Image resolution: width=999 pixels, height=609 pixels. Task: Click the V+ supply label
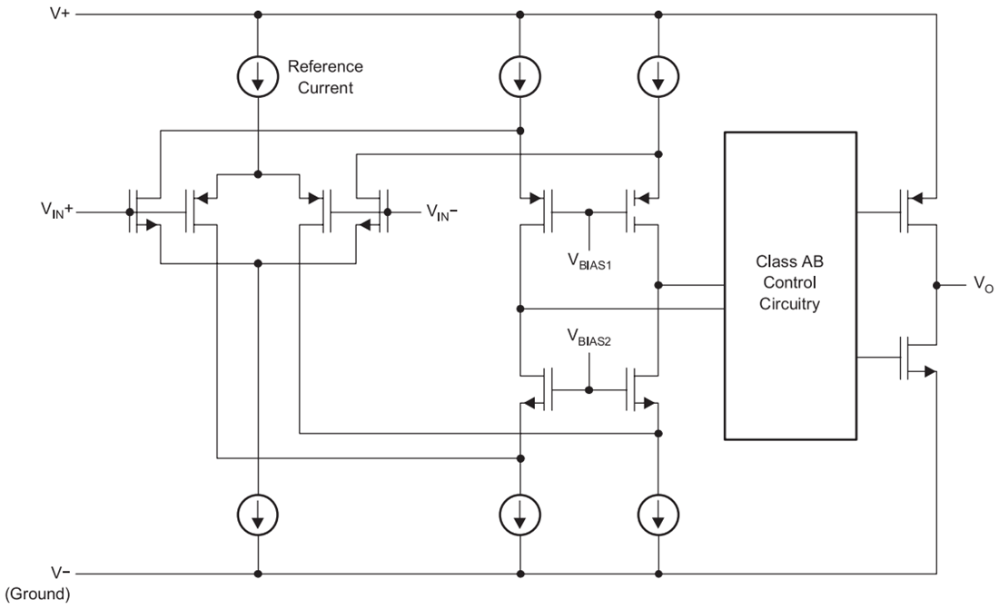60,13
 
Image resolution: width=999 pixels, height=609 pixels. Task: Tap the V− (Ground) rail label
38,583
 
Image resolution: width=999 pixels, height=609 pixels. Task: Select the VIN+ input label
56,210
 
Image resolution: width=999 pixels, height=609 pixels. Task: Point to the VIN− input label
441,211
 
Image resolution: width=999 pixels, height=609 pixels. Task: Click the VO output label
983,285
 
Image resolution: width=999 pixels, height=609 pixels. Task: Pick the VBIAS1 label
589,261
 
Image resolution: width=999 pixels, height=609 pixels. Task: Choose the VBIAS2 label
589,338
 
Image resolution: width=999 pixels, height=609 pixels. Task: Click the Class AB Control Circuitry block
790,285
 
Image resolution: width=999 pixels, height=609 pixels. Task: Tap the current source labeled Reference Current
258,76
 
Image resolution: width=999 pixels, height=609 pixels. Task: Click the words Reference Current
325,77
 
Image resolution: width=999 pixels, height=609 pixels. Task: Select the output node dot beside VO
936,285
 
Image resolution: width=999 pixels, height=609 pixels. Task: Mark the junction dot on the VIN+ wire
130,212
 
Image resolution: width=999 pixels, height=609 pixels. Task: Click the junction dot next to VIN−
388,212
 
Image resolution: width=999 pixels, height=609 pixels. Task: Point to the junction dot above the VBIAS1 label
589,212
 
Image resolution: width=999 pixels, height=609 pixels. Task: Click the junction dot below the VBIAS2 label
589,390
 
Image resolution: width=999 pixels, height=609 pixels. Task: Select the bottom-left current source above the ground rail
258,515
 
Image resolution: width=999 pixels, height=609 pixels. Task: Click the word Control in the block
789,282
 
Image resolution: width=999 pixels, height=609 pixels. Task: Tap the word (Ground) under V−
37,594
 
